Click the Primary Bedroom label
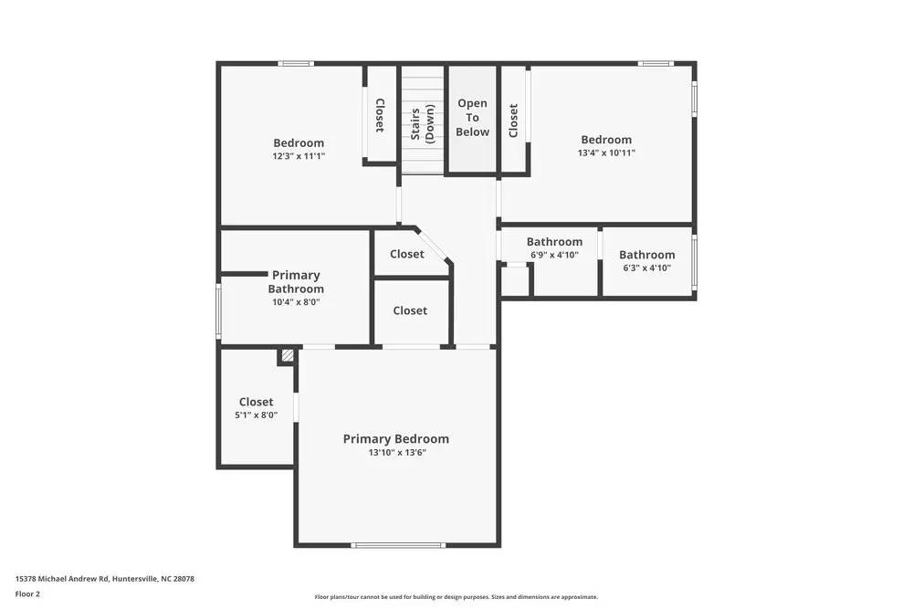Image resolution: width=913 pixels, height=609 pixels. [395, 439]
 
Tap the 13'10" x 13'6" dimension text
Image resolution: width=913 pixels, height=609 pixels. [397, 452]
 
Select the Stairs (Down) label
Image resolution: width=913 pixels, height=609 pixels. [422, 125]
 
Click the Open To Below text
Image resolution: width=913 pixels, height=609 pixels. [472, 118]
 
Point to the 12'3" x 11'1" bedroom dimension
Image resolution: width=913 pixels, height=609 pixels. [299, 156]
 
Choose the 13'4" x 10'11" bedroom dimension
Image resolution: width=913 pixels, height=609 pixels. [606, 152]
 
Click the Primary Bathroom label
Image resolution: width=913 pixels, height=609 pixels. [296, 282]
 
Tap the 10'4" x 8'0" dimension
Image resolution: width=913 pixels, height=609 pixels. [296, 302]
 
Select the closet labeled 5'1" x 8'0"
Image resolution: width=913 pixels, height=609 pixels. [256, 415]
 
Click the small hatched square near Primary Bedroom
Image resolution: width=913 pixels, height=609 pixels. [288, 357]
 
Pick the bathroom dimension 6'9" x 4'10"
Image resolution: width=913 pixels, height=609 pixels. [554, 255]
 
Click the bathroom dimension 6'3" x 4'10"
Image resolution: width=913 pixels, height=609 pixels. [646, 268]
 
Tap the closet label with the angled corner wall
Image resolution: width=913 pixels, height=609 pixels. [406, 254]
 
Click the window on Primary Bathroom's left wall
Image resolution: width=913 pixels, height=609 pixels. [218, 312]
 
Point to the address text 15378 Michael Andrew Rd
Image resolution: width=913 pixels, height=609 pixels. [104, 578]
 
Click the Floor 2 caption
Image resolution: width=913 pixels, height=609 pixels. [27, 593]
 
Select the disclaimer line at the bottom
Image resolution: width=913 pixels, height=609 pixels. [456, 596]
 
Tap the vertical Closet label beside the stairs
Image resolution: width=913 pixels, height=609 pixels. [380, 115]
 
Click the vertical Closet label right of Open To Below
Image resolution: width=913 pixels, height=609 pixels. [513, 120]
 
